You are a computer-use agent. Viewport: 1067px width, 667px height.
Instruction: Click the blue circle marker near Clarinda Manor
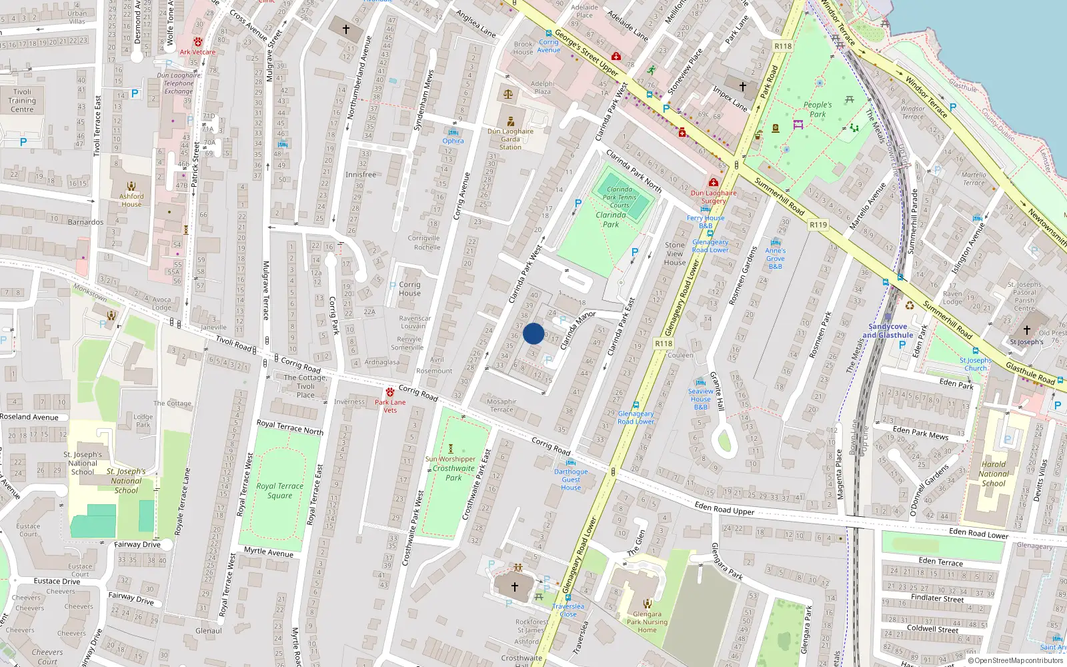533,333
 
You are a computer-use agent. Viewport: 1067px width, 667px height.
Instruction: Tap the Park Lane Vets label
390,406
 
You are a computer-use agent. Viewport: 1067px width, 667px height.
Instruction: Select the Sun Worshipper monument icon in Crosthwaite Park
451,448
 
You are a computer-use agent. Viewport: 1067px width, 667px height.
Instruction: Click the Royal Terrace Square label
279,491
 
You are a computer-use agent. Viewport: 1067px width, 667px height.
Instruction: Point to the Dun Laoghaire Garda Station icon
511,121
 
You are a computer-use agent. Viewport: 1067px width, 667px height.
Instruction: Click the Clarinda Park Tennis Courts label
620,197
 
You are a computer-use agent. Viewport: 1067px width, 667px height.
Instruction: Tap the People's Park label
818,109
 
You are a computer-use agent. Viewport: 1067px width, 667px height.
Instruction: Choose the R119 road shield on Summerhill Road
818,225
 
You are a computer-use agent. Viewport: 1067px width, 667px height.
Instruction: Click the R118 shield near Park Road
783,46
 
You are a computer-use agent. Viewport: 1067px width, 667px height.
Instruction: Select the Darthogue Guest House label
571,480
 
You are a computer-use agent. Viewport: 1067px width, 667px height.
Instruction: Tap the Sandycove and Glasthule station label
888,331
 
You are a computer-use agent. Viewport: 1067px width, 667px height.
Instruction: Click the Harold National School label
994,474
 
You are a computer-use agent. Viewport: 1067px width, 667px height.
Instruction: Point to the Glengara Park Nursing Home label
647,622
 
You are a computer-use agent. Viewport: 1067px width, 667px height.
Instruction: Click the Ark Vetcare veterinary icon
198,42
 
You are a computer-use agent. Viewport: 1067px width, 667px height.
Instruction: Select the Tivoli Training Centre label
22,101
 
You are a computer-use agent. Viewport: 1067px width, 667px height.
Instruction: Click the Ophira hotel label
453,141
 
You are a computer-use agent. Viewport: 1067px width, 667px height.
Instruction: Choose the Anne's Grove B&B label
775,258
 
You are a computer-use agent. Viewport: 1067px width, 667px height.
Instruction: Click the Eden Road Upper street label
724,509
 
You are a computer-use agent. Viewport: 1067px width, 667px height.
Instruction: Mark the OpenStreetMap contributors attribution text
1016,660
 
